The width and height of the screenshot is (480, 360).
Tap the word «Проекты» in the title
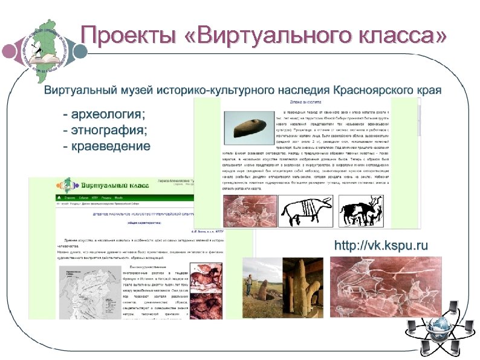point(128,36)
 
